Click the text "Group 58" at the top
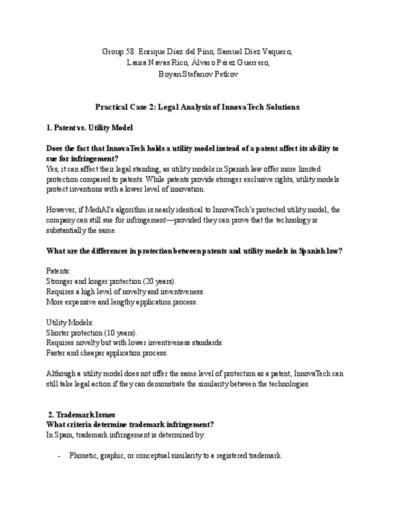[x=118, y=51]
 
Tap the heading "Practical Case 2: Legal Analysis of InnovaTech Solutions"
[x=197, y=107]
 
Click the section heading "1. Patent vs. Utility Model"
[x=89, y=128]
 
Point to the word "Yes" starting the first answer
[x=52, y=169]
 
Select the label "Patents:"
[x=58, y=271]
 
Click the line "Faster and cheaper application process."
[x=107, y=353]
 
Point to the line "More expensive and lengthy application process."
[x=121, y=302]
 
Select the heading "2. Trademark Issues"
[x=81, y=415]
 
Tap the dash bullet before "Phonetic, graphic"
[x=58, y=456]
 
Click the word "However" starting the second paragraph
[x=60, y=210]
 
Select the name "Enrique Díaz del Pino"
[x=176, y=51]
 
